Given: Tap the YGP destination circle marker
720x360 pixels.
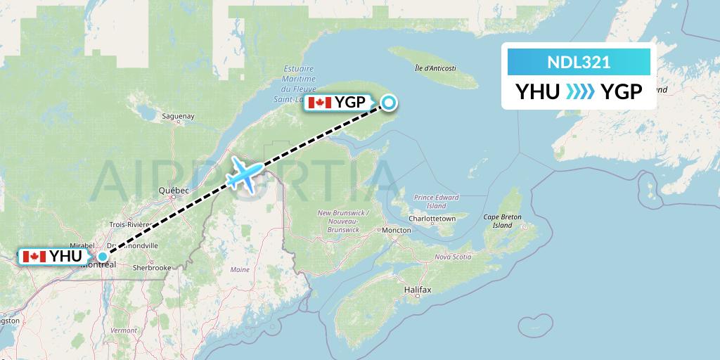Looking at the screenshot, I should coord(389,103).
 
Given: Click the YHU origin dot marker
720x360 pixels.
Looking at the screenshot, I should coord(103,257).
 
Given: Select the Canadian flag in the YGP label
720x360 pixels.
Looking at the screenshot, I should coord(319,103).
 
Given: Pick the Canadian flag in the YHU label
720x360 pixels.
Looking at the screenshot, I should coord(32,257).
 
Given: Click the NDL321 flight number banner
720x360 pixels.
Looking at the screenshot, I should coord(579,63).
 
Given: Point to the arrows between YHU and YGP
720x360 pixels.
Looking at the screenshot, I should coord(579,91).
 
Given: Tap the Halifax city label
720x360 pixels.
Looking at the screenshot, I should coord(418,290).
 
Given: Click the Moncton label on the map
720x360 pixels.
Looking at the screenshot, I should coord(397,230).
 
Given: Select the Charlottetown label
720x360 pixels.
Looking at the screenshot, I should coord(433,219).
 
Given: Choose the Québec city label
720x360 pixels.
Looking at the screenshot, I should coord(174,191).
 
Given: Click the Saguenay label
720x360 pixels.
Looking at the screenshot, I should coord(178,116).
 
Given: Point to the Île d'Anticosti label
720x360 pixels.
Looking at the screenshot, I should coord(436,69).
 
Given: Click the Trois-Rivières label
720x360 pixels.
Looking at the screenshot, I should coord(127,224).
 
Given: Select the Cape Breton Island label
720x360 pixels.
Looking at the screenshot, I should coord(502,221).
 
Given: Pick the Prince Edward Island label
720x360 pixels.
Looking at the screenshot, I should coord(436,202).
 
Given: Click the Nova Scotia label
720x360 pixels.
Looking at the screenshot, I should coord(452,257).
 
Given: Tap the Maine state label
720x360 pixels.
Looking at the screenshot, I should coord(240,269).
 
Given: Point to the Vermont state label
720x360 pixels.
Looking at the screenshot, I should coord(123,330).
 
